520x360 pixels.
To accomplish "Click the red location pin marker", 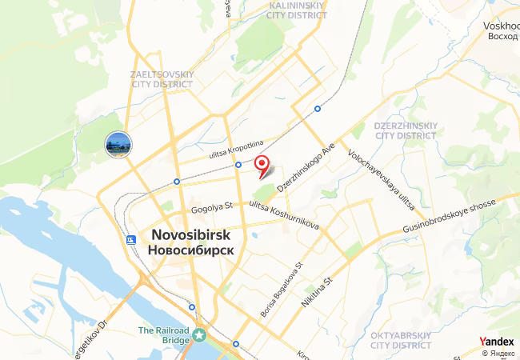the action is pyautogui.click(x=262, y=166).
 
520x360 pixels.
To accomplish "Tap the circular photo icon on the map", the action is pyautogui.click(x=118, y=145).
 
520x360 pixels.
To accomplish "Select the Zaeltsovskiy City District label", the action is pyautogui.click(x=162, y=78).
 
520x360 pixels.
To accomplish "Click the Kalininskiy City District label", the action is pyautogui.click(x=300, y=9).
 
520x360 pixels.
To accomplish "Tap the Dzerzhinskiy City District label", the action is pyautogui.click(x=404, y=130).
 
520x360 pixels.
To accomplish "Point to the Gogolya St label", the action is pyautogui.click(x=210, y=208).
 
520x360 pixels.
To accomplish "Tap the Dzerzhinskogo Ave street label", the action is pyautogui.click(x=305, y=167).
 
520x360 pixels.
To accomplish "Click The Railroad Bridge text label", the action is pyautogui.click(x=165, y=336).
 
